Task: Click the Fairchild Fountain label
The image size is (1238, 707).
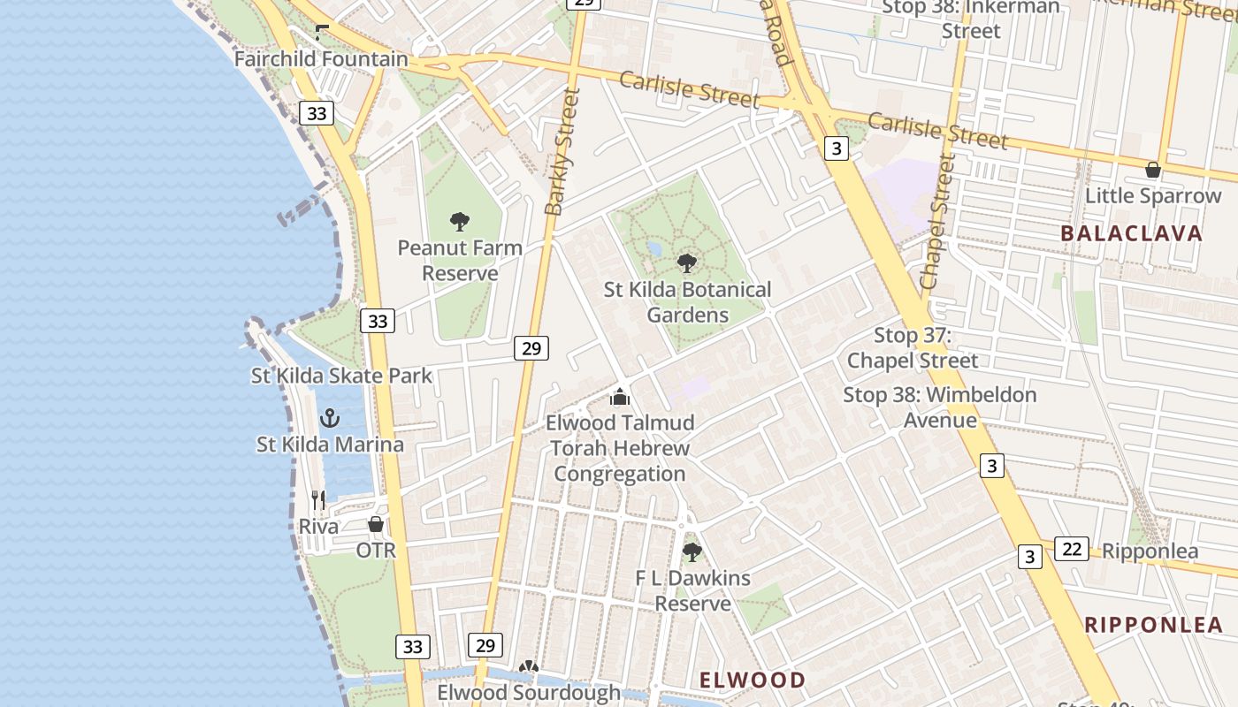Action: (x=321, y=59)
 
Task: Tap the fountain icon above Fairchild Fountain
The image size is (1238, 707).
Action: (x=322, y=33)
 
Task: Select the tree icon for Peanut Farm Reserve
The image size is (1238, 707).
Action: (x=459, y=221)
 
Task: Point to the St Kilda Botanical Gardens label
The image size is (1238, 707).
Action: (x=687, y=302)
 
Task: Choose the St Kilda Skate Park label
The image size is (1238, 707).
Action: (x=341, y=376)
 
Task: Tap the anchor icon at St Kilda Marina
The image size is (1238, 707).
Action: (x=330, y=417)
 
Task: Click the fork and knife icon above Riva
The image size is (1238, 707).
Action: (x=318, y=500)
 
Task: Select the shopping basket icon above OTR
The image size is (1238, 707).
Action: (x=376, y=524)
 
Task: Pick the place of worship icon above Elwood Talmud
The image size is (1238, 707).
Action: (x=620, y=397)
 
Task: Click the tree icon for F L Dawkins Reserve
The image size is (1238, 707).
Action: (x=692, y=552)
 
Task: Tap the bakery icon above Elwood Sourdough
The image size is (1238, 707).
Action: (x=529, y=667)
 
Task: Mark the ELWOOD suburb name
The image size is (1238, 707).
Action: (x=753, y=680)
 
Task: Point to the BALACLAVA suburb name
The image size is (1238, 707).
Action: (x=1131, y=233)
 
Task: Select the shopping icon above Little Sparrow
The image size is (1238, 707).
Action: (x=1153, y=170)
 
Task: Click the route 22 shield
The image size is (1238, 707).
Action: (x=1071, y=549)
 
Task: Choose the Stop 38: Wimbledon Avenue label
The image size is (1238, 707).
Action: (x=939, y=407)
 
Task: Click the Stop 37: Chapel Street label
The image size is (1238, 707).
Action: (x=913, y=347)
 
